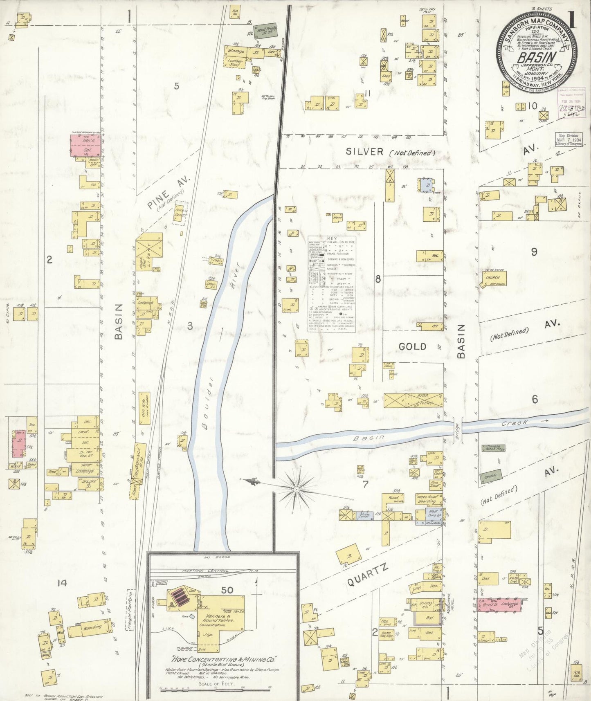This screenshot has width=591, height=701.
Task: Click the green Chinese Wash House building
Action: click(493, 448)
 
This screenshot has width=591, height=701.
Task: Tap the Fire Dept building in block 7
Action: click(435, 485)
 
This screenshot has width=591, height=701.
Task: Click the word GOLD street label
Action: click(412, 347)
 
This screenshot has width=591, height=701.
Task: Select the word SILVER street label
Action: click(365, 152)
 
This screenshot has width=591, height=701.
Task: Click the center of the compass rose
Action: click(295, 489)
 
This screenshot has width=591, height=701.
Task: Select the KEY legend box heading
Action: click(332, 238)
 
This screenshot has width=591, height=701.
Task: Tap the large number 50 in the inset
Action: click(227, 590)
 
